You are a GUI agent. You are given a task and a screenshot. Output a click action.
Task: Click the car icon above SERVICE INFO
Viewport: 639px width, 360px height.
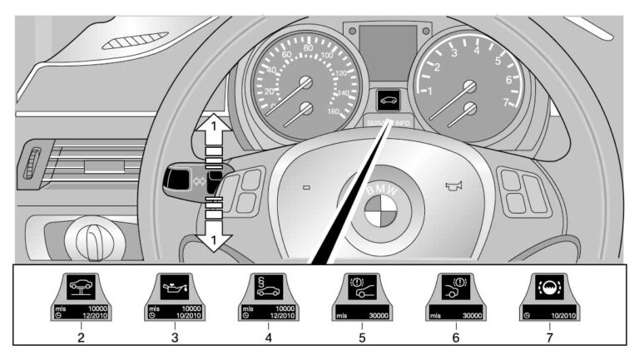[388, 101]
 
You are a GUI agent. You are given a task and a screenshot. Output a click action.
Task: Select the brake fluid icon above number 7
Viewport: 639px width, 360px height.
[548, 292]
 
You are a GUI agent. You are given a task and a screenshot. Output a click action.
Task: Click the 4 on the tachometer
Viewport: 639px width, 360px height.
[477, 49]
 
